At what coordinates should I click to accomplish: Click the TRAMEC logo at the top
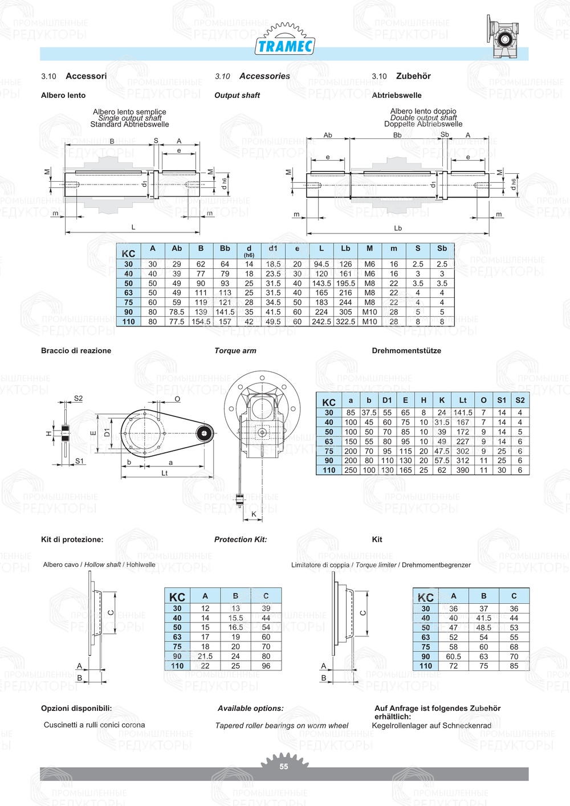tap(285, 45)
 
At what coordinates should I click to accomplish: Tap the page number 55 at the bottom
tap(284, 767)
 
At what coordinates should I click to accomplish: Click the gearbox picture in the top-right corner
tap(504, 36)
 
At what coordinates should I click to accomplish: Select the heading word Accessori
tap(86, 76)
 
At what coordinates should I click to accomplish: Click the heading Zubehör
tap(413, 76)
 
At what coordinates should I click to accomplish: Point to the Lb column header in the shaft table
tap(345, 249)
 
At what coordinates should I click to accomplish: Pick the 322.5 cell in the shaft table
tap(345, 322)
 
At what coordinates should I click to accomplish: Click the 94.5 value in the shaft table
tap(321, 264)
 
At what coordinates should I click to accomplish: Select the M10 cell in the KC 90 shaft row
tap(369, 312)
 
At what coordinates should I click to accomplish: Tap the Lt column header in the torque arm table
tap(463, 400)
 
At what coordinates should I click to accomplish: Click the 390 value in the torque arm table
tap(463, 470)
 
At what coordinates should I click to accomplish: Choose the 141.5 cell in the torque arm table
tap(463, 413)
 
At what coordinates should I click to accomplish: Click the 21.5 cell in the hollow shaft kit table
tap(205, 656)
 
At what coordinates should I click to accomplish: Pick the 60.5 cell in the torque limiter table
tap(453, 657)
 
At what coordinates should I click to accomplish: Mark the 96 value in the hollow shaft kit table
tap(266, 666)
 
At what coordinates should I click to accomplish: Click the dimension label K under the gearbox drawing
tap(254, 514)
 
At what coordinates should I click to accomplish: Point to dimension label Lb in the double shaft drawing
tap(398, 228)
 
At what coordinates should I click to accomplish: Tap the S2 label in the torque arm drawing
tap(78, 399)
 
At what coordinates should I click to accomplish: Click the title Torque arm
tap(235, 351)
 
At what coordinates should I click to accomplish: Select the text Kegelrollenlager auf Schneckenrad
tap(431, 726)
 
